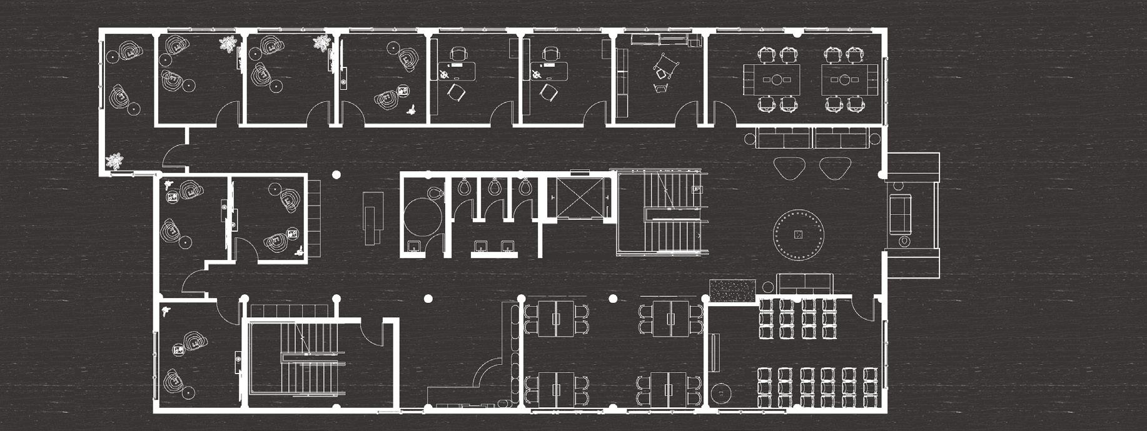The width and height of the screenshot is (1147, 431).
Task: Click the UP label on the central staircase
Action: pyautogui.click(x=697, y=189)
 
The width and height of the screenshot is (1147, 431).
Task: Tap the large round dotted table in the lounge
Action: pyautogui.click(x=798, y=235)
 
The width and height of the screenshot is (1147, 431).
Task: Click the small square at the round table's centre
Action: pyautogui.click(x=798, y=235)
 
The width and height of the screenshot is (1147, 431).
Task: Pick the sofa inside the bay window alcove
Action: pyautogui.click(x=901, y=213)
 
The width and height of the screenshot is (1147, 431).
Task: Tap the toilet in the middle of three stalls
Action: pyautogui.click(x=495, y=186)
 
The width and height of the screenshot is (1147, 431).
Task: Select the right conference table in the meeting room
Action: pyautogui.click(x=844, y=79)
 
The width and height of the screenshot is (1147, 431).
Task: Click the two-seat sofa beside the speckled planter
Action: pyautogui.click(x=806, y=283)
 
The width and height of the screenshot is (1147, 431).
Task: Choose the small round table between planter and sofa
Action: pyautogui.click(x=767, y=287)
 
